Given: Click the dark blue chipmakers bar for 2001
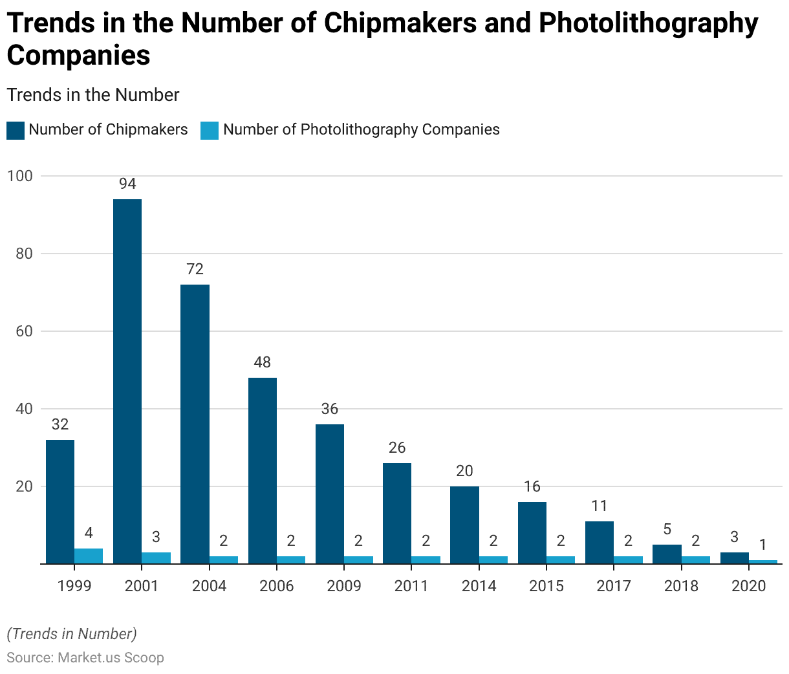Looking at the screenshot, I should pyautogui.click(x=127, y=381).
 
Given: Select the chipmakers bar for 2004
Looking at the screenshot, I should pyautogui.click(x=195, y=424).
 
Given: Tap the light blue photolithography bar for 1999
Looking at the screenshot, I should pyautogui.click(x=89, y=556).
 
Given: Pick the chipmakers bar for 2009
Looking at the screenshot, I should pyautogui.click(x=330, y=494).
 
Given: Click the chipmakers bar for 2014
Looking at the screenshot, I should pyautogui.click(x=464, y=525).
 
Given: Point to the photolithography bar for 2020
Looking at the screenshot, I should pyautogui.click(x=763, y=561).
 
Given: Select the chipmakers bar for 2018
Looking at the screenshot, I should pyautogui.click(x=667, y=554).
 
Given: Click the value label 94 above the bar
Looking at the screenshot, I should pyautogui.click(x=127, y=184).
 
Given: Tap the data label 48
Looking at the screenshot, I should pyautogui.click(x=262, y=362).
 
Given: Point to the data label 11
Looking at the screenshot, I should pyautogui.click(x=600, y=506).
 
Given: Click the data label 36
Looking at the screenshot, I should pyautogui.click(x=330, y=409).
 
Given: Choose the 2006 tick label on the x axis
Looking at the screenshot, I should pyautogui.click(x=276, y=586).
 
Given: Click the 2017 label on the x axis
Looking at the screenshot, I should pyautogui.click(x=613, y=586).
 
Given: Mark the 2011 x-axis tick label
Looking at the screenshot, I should pyautogui.click(x=411, y=586).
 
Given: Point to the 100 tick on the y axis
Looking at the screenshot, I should pyautogui.click(x=19, y=176).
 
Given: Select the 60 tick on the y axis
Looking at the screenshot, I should pyautogui.click(x=23, y=331).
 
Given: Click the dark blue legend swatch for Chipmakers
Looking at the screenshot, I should pyautogui.click(x=16, y=130).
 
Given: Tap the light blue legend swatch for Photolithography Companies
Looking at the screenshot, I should pyautogui.click(x=210, y=130).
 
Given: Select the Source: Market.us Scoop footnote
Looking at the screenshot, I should pyautogui.click(x=85, y=658).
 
